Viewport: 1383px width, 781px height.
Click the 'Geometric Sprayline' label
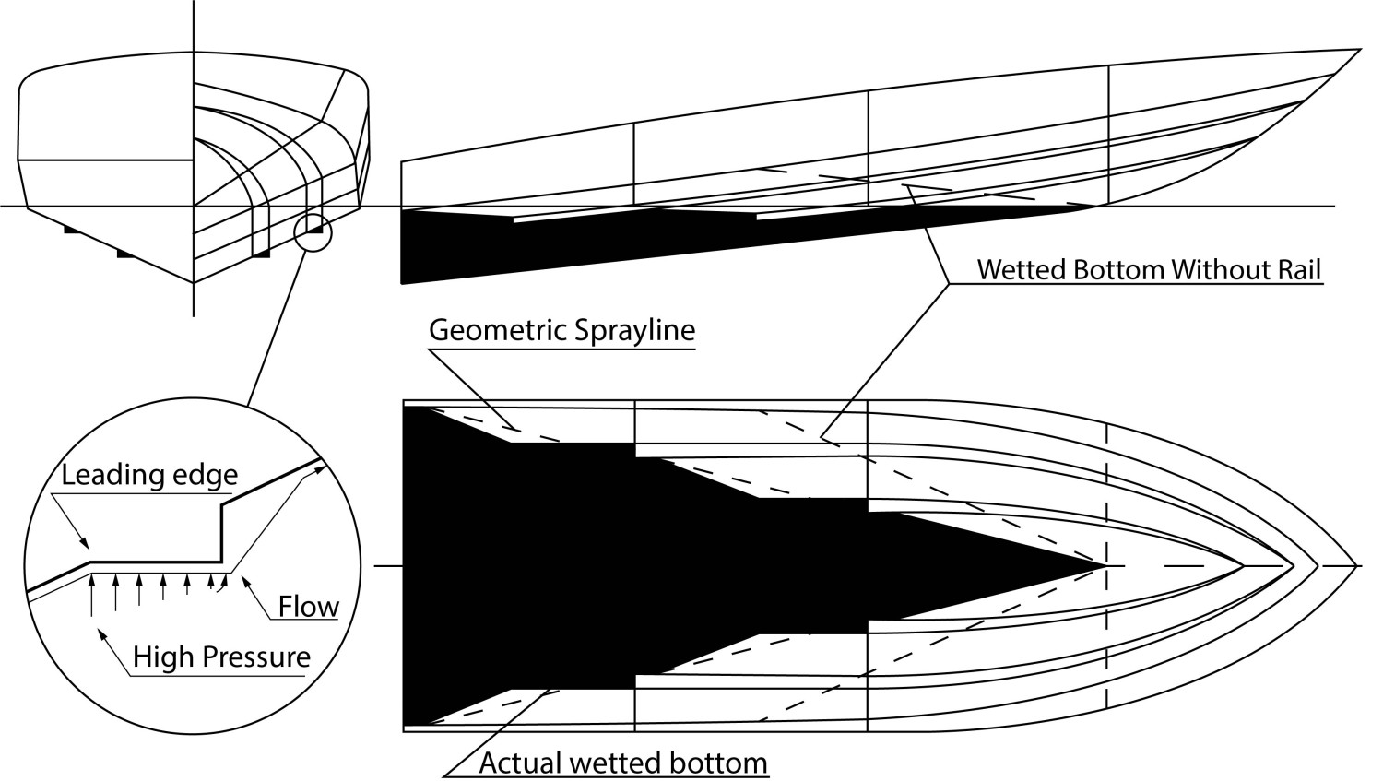pos(561,330)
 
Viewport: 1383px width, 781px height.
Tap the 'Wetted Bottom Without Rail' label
pos(1150,270)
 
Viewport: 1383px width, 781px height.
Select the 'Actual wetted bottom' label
pos(623,763)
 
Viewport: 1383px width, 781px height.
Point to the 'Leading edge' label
pos(149,476)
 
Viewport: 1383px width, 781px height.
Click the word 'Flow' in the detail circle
pos(309,607)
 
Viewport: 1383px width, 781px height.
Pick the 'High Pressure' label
pos(221,657)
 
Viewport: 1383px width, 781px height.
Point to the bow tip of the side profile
pos(1359,50)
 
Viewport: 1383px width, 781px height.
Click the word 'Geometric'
pos(492,330)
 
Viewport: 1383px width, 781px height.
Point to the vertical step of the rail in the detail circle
pos(222,532)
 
